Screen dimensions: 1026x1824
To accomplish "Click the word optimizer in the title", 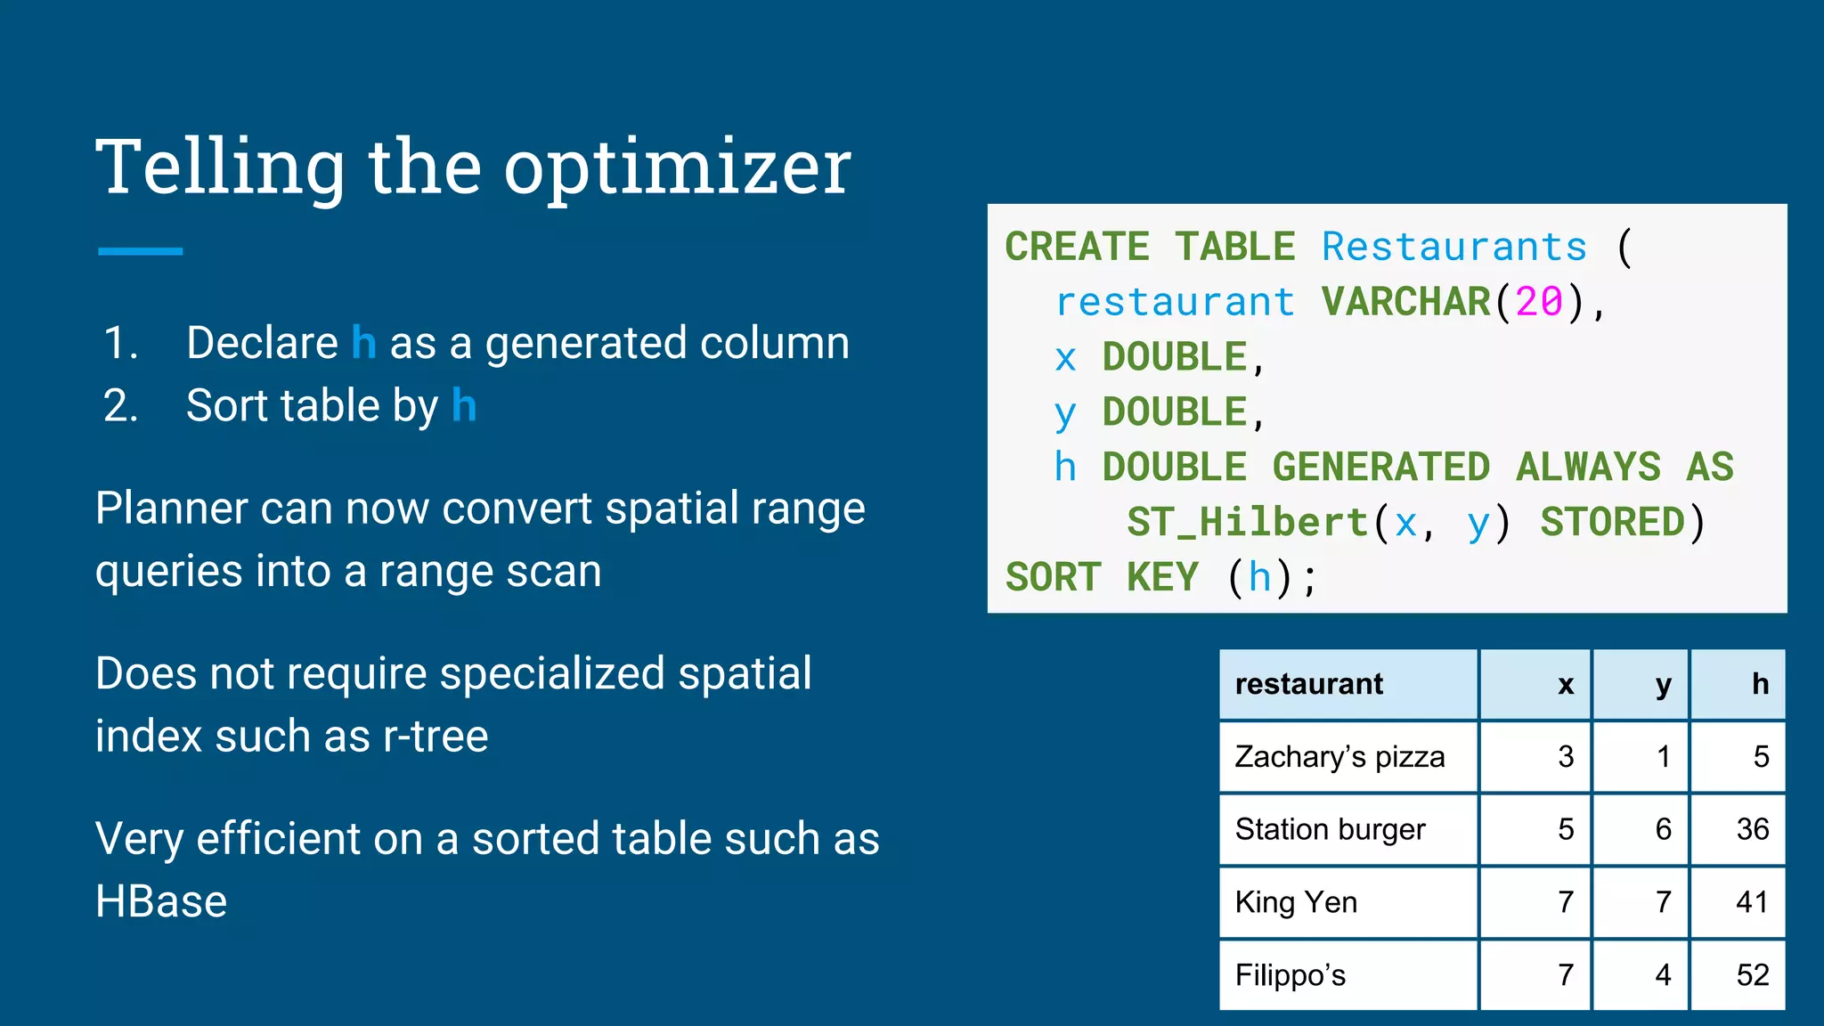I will [677, 169].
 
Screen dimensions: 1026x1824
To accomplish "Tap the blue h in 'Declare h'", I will [364, 343].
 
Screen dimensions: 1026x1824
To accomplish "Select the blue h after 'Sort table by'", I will [464, 405].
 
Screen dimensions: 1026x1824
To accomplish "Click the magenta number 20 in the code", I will [1539, 302].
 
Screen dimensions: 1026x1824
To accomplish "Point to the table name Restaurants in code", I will [1453, 247].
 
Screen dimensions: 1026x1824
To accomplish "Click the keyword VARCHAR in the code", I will [1405, 302].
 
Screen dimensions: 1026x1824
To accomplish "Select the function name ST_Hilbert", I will [1247, 523].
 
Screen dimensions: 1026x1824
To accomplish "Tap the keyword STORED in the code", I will [1612, 523].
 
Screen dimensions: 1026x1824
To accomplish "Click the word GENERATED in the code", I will [1380, 468].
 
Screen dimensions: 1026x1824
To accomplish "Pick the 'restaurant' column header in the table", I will [1308, 684].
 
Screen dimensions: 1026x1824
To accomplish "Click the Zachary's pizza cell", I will [1339, 757].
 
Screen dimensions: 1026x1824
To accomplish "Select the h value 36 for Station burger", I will [1752, 830].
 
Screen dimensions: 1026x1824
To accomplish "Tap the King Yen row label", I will [1296, 903].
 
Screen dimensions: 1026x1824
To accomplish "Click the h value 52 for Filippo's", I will [1752, 975].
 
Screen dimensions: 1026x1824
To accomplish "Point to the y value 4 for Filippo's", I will [1662, 975].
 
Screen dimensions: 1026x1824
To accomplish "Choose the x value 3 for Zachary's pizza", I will [1566, 757].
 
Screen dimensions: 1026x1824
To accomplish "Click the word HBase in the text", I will [161, 901].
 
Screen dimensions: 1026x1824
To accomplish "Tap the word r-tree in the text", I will [436, 737].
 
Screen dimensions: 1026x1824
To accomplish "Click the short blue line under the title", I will [141, 252].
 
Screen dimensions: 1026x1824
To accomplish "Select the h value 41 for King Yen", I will [1752, 903].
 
